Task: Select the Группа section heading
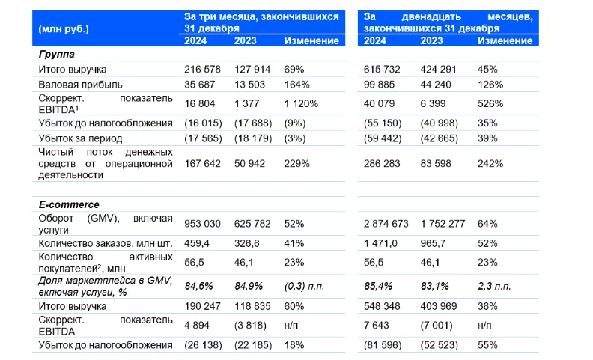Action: [x=57, y=55]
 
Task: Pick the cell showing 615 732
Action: [x=383, y=70]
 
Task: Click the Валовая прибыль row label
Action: [x=80, y=84]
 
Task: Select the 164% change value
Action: [x=296, y=84]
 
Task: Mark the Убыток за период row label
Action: [x=81, y=138]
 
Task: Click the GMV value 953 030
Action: [x=204, y=223]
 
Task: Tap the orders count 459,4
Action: [x=198, y=242]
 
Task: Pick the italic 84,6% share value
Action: [x=198, y=286]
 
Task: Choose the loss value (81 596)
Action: [x=385, y=344]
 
